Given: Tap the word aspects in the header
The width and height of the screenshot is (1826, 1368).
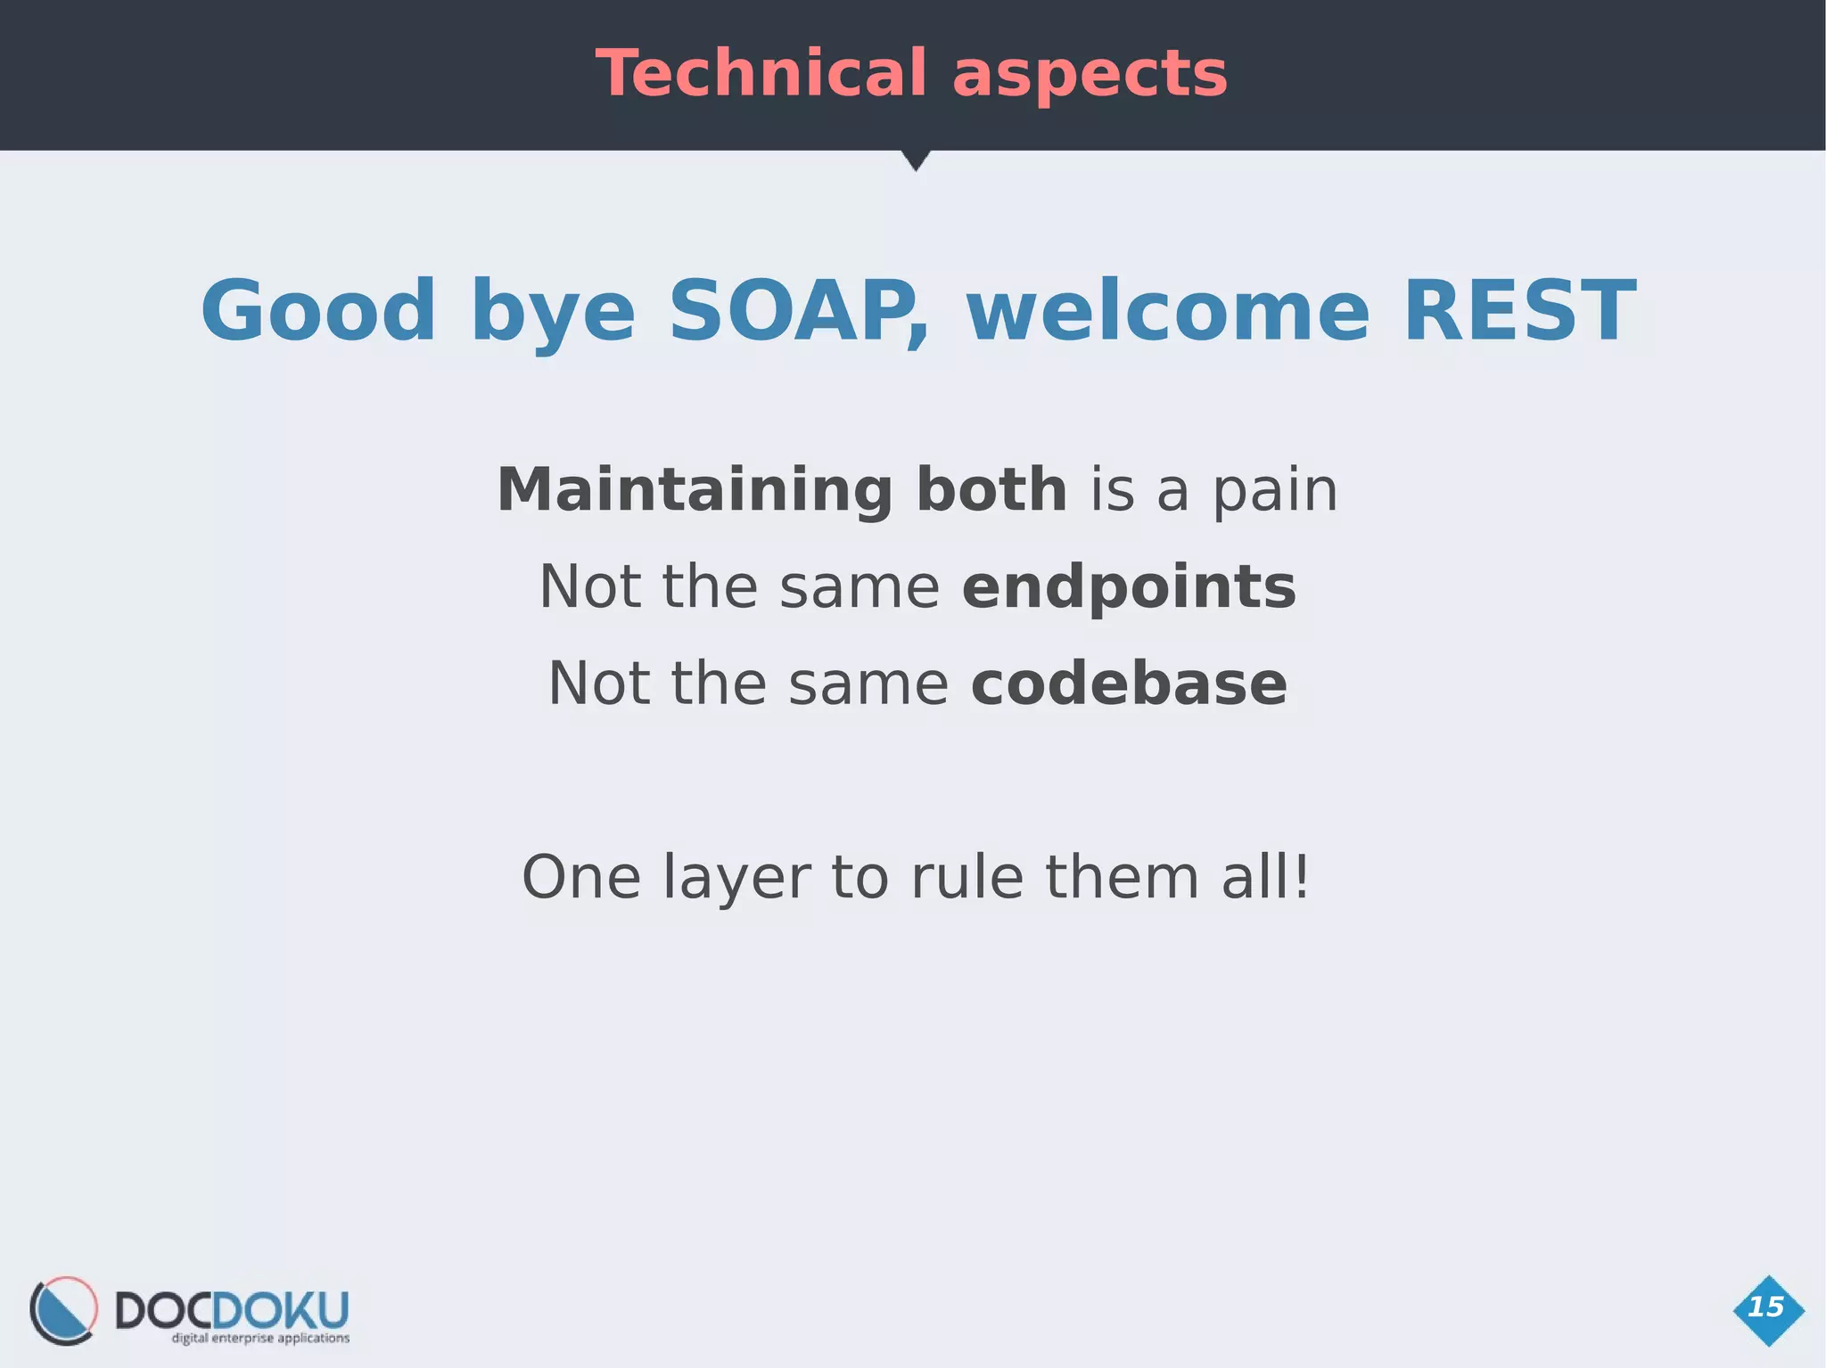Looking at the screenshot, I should (1090, 75).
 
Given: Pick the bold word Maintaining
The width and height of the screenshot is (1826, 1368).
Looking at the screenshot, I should (695, 491).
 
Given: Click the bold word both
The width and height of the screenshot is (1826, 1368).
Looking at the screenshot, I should (991, 489).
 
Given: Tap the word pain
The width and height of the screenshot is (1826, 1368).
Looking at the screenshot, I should (1275, 491).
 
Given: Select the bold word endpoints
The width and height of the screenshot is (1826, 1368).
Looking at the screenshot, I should (1129, 588).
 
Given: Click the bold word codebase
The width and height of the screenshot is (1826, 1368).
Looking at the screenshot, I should (1129, 684).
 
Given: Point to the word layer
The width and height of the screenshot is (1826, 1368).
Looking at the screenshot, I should (736, 878).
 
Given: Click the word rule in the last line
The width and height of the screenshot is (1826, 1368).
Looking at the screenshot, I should (966, 877).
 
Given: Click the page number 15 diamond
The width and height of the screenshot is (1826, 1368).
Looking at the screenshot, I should (1768, 1309).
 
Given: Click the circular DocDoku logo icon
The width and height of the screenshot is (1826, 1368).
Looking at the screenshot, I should (63, 1310).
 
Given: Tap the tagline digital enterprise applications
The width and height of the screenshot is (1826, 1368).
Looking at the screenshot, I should (260, 1338).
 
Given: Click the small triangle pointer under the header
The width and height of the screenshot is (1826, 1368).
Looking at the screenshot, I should (915, 160).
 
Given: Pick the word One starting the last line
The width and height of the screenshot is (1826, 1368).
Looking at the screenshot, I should (580, 878).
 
